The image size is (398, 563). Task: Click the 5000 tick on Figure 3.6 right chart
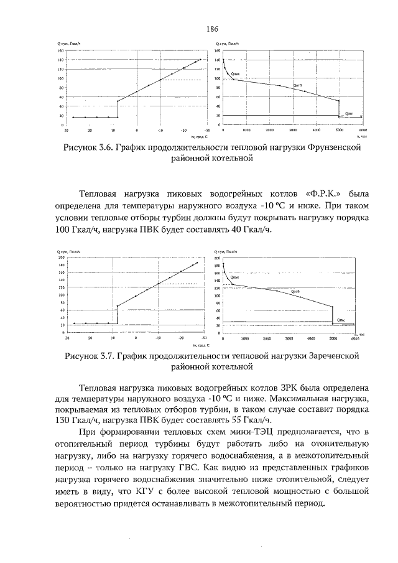339,131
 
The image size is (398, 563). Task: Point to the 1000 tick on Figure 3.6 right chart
246,131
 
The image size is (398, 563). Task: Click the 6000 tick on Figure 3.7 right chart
355,340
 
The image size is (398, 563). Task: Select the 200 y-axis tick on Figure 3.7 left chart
62,257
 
